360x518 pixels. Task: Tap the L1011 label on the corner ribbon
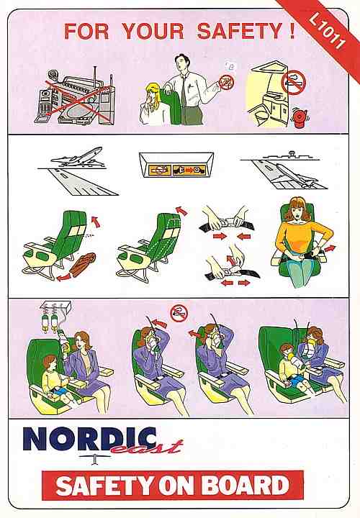[x=327, y=32]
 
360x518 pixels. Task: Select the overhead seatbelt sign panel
[x=176, y=165]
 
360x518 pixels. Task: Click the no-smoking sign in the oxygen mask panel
[x=179, y=313]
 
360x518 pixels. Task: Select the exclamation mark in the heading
[x=292, y=31]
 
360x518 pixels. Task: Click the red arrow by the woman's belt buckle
[x=330, y=248]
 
